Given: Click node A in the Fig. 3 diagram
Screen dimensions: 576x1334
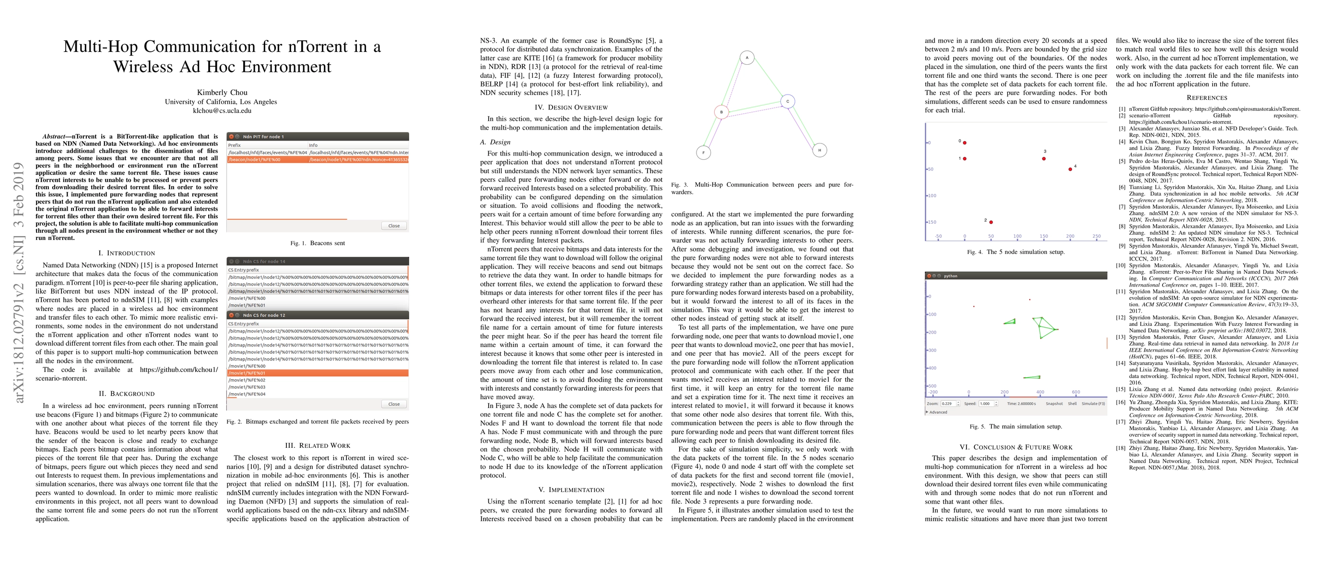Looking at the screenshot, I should tap(747, 58).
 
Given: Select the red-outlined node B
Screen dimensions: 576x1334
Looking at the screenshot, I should tap(721, 112).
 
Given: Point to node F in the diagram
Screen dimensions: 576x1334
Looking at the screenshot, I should tap(703, 152).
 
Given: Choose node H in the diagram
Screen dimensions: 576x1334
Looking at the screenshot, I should tap(819, 150).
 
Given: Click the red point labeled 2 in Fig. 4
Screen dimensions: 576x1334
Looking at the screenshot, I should tap(991, 222).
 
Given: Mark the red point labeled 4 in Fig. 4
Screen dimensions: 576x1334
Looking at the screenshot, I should tap(1070, 169).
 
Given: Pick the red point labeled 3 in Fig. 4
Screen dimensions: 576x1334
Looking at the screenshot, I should tap(1043, 158).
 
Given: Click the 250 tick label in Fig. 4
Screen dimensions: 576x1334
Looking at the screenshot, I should tap(1096, 236).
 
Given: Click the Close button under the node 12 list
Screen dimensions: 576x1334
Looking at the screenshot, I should tap(393, 404).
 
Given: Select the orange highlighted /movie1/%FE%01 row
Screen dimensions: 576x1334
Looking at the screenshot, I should tap(318, 373).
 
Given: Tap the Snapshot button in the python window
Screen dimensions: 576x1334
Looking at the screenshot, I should tap(1054, 404).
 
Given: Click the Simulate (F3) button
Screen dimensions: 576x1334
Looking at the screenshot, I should tap(1093, 404).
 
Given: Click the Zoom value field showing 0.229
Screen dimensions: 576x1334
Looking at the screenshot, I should tap(947, 404).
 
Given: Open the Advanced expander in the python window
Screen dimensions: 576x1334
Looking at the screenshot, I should tap(937, 412).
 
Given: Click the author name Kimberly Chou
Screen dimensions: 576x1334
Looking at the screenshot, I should tap(222, 92).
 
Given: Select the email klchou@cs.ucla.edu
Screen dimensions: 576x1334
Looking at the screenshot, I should tap(222, 110).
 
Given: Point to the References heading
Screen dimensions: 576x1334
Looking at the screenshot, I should tap(1206, 97).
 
